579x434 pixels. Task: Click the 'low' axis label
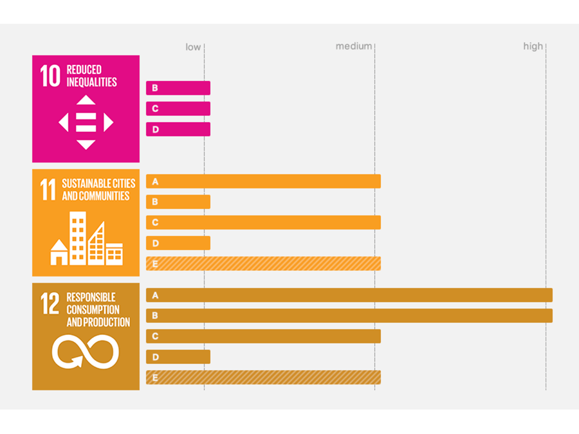193,47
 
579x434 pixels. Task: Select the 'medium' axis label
353,46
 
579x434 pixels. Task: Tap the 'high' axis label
533,46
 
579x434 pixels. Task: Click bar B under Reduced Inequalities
178,88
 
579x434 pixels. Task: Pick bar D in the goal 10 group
178,129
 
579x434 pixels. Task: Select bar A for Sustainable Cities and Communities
263,181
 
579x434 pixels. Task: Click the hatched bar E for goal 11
263,264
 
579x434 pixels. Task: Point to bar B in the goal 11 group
178,202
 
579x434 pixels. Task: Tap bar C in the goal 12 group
263,336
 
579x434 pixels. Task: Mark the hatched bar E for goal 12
263,377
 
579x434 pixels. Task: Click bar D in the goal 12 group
178,357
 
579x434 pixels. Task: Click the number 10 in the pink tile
50,76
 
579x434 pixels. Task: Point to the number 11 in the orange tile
48,190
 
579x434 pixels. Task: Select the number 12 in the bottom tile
50,303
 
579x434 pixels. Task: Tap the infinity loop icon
86,352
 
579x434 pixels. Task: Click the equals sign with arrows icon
86,122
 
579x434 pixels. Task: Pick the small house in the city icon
59,253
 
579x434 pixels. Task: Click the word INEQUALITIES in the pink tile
92,82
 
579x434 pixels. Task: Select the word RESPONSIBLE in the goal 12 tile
91,298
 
